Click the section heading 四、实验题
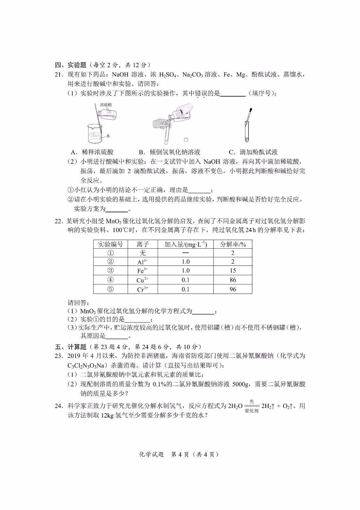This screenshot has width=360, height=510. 71,65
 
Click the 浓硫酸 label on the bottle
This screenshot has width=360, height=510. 106,105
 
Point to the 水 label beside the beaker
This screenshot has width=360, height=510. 108,136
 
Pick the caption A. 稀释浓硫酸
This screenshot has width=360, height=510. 92,152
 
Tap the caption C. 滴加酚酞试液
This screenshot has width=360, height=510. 253,152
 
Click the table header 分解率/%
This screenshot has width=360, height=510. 233,244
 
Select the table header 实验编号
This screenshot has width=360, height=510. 110,244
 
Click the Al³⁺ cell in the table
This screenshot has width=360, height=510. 142,262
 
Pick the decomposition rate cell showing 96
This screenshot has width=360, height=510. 233,289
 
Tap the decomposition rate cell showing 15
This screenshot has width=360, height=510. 233,271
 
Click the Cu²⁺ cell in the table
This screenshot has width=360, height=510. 142,280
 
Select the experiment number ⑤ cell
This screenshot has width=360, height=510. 110,289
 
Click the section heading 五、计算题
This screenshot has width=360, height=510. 71,347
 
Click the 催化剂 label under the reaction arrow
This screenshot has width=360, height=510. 251,411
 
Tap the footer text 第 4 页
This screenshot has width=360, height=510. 181,455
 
